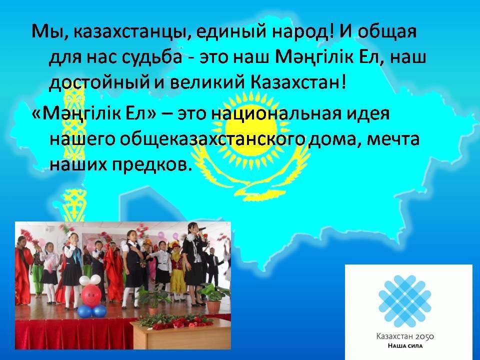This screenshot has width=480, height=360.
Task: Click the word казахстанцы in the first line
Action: click(x=130, y=32)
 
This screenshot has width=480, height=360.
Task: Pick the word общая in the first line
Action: click(x=387, y=32)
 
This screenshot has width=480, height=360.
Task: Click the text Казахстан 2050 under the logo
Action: click(x=405, y=336)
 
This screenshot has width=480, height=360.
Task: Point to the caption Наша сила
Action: click(x=405, y=346)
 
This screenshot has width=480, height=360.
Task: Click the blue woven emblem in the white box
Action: click(x=405, y=301)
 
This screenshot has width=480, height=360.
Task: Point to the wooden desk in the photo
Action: click(x=180, y=333)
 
